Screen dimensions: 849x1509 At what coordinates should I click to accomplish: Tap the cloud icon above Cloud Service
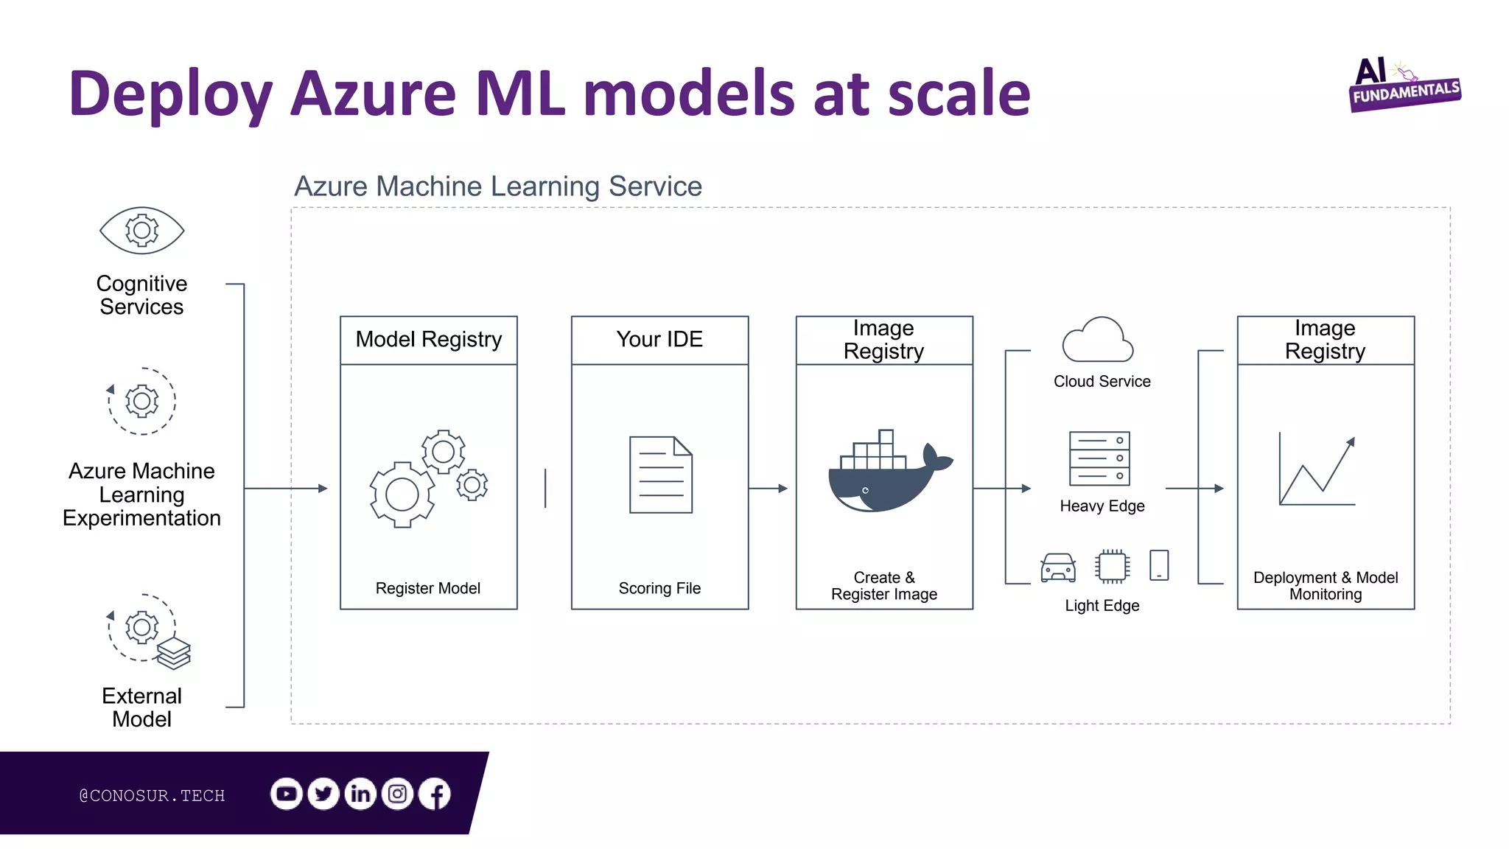[1097, 340]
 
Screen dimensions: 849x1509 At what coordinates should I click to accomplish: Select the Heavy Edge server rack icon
[1099, 458]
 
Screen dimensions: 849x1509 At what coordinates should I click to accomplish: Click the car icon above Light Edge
[1058, 567]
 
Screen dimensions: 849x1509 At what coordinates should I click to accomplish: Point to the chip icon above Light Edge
[1112, 566]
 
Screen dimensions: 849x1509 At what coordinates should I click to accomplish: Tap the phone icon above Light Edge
[1159, 565]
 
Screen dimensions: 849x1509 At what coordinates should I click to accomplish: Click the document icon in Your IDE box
[661, 475]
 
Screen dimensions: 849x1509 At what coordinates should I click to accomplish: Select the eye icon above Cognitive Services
[142, 231]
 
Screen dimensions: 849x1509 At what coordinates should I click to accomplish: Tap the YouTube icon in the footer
[287, 794]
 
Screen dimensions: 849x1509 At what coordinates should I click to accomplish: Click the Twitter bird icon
[323, 794]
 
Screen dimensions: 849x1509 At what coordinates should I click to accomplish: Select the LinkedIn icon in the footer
[360, 794]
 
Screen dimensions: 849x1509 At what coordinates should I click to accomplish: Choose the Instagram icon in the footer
[398, 794]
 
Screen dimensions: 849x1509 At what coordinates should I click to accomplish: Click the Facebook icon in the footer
[435, 794]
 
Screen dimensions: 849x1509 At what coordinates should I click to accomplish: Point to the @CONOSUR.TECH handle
[152, 795]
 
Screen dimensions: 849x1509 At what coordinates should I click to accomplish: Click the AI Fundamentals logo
[1403, 85]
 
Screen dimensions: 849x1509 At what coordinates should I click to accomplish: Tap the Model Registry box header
[428, 340]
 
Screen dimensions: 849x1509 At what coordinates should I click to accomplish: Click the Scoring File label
[659, 588]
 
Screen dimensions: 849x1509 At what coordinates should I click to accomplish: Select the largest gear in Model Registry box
[402, 495]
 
